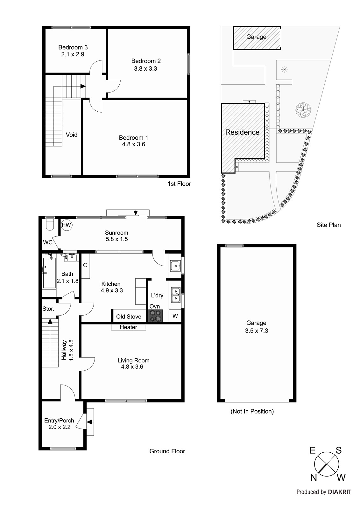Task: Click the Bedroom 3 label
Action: click(x=73, y=47)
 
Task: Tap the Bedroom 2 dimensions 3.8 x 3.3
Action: click(x=145, y=68)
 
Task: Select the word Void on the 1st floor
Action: click(x=72, y=135)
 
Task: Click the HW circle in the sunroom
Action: click(x=67, y=225)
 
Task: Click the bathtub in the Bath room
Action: click(x=49, y=273)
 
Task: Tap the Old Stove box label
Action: click(x=129, y=317)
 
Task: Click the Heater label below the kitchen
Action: click(x=129, y=327)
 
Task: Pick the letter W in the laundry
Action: click(x=175, y=316)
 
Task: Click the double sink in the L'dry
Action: click(x=176, y=295)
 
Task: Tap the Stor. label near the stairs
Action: click(x=48, y=309)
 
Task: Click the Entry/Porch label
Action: click(x=59, y=421)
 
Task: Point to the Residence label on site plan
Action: click(x=242, y=132)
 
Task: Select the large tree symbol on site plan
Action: click(x=303, y=110)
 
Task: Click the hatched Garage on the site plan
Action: click(x=257, y=38)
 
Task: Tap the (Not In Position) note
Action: click(x=252, y=411)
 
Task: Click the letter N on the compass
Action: click(x=314, y=478)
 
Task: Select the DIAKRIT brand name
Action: click(x=340, y=492)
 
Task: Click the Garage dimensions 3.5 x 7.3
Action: click(x=257, y=331)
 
